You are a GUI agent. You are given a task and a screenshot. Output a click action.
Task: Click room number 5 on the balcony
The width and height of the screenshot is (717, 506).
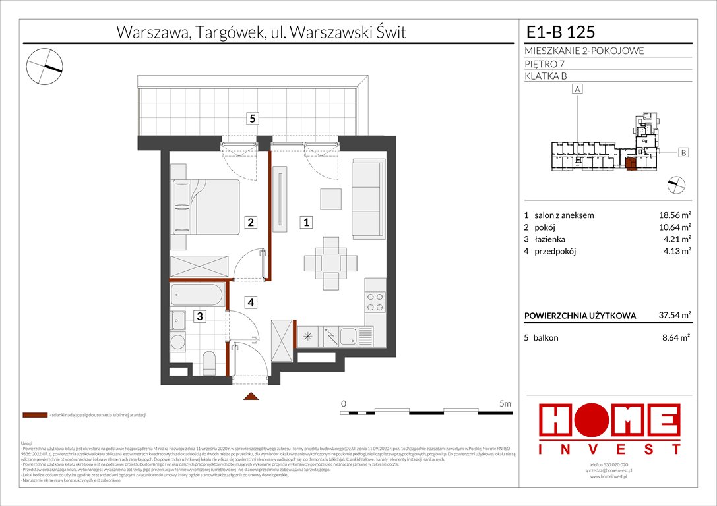(253, 119)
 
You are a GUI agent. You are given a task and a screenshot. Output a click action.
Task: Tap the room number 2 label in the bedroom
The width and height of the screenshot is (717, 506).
(251, 223)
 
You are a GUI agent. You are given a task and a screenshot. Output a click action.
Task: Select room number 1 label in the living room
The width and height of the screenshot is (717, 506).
(307, 223)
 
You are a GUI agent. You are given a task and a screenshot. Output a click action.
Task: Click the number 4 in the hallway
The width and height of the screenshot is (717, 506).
(251, 303)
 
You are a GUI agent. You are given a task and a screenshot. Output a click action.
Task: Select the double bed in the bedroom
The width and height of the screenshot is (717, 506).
(205, 206)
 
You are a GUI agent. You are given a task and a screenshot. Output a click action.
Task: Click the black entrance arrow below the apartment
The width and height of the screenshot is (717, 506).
(251, 396)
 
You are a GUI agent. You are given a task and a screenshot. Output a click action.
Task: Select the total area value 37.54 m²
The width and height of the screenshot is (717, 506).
(673, 316)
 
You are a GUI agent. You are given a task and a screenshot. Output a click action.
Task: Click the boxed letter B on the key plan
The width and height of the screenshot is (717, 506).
(683, 153)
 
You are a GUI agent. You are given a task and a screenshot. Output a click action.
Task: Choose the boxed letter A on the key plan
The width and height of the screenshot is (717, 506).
(578, 89)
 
